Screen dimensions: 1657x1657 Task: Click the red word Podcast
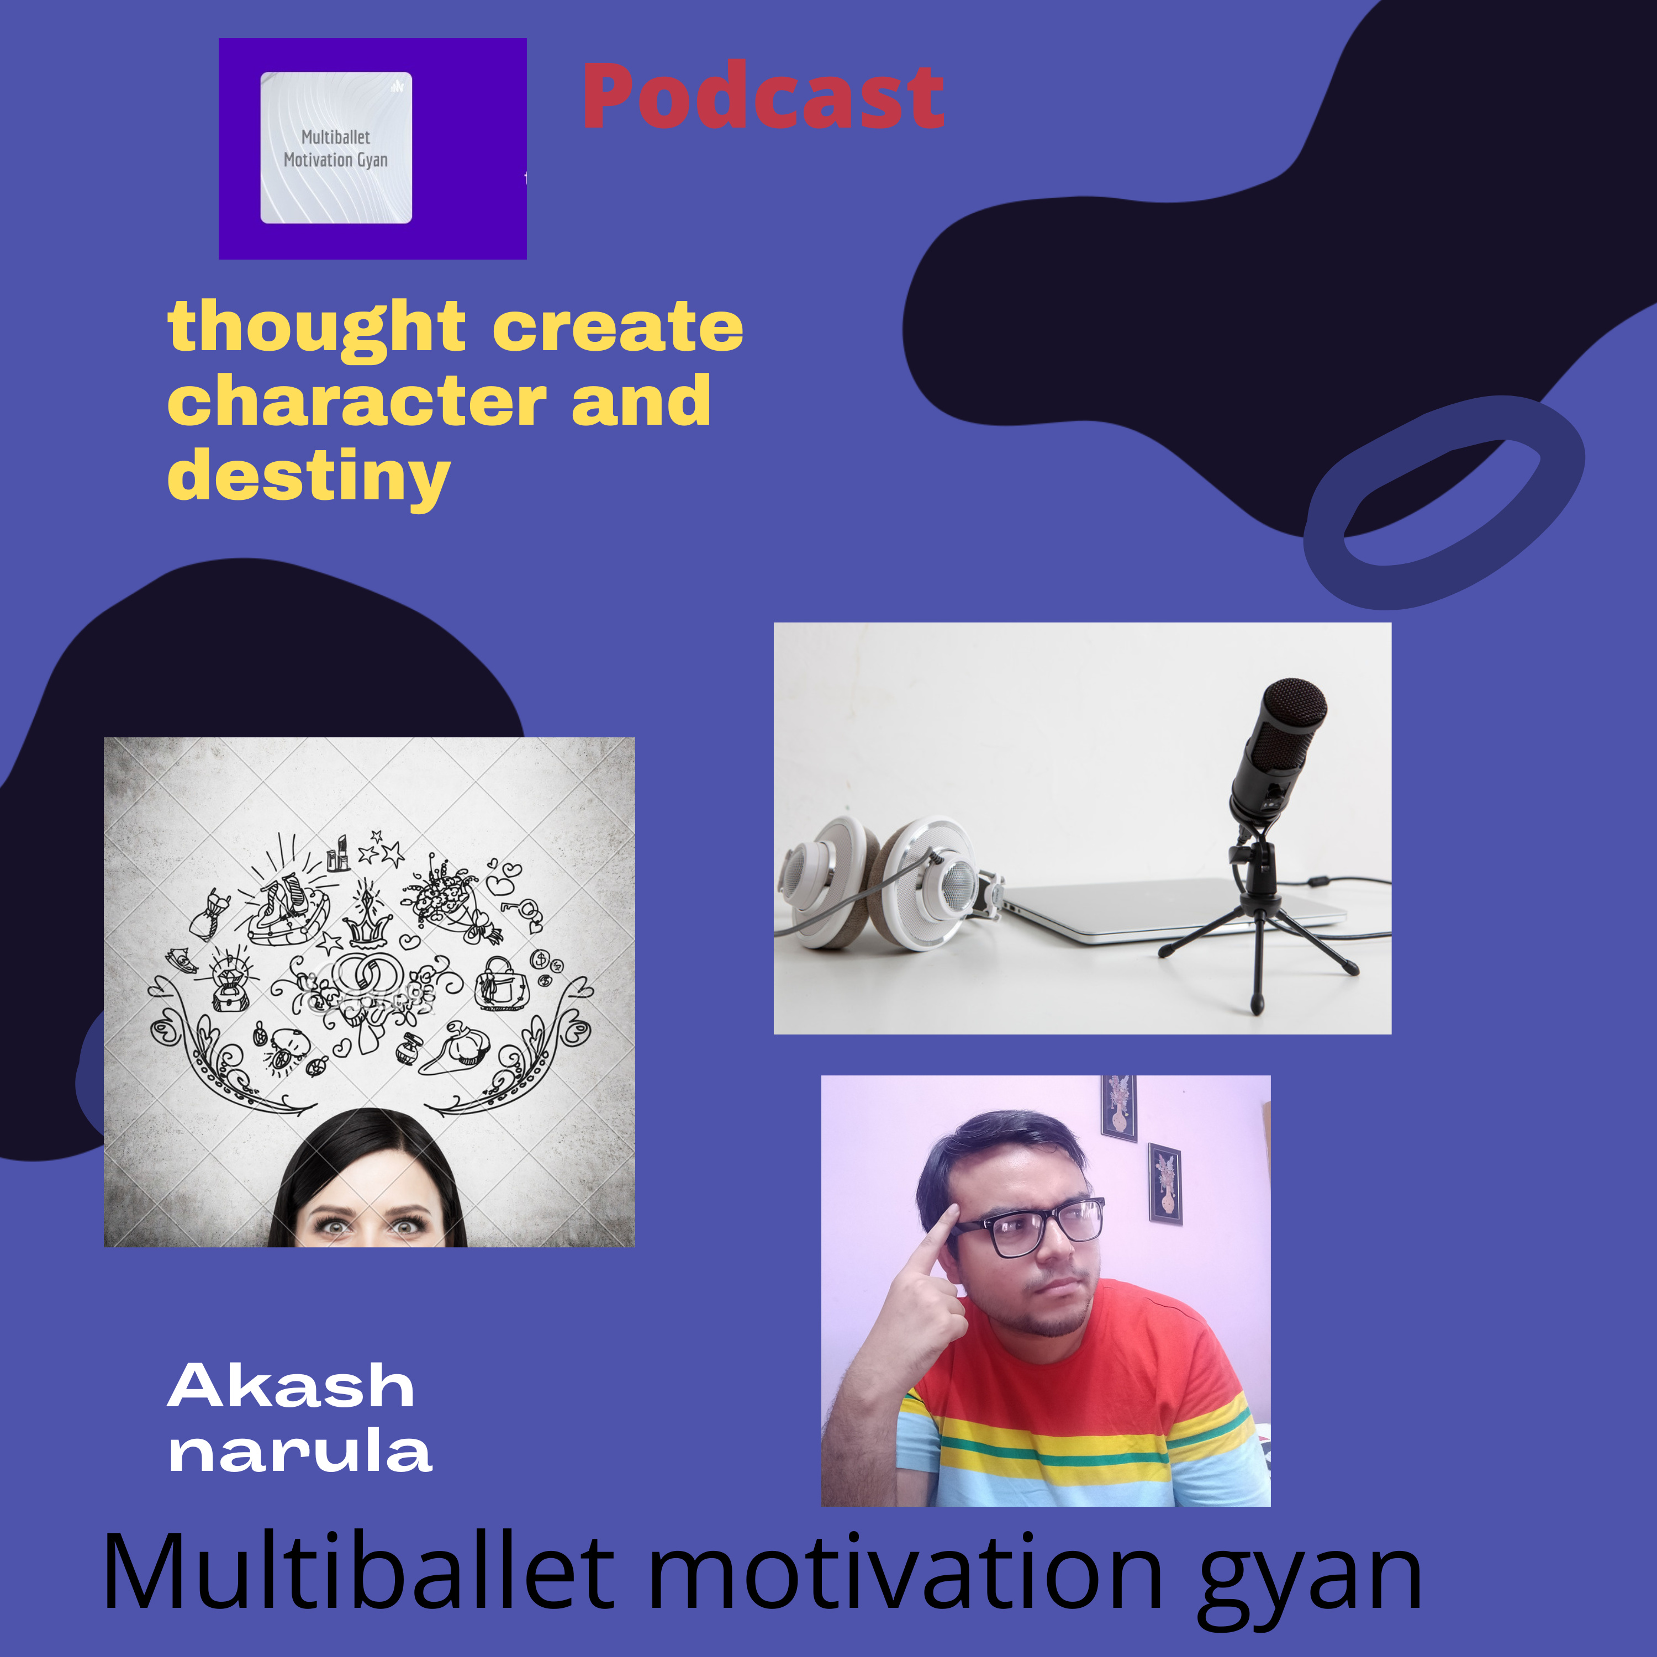(763, 96)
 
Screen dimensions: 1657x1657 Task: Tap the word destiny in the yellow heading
(309, 477)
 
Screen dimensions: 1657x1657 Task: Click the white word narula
(300, 1453)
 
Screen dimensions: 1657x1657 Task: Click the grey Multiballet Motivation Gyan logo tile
(336, 147)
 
